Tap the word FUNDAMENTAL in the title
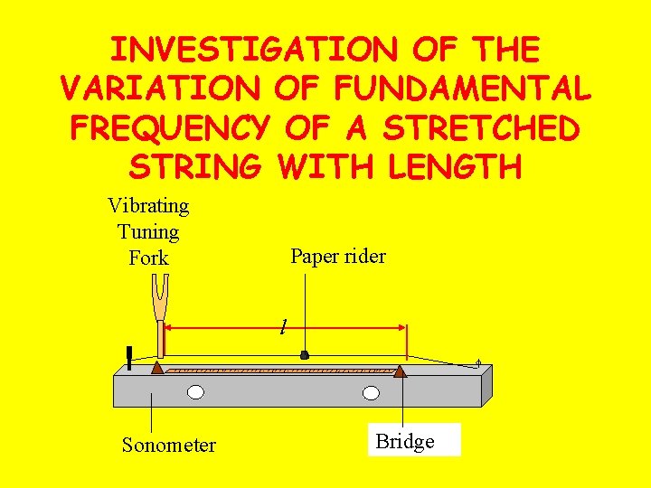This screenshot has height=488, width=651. click(462, 88)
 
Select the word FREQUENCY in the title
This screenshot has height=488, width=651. click(169, 127)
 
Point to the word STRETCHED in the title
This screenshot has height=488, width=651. click(481, 127)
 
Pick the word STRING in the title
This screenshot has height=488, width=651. click(195, 167)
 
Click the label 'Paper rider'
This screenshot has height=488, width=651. click(338, 256)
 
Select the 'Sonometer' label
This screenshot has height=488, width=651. click(169, 445)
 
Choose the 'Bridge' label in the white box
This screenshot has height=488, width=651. click(405, 441)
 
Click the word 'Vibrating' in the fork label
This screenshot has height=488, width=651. click(148, 206)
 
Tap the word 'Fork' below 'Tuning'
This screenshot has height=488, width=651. click(148, 258)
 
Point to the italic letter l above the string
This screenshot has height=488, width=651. click(283, 324)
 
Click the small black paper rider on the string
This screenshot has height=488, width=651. click(305, 356)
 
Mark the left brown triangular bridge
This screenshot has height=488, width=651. click(157, 367)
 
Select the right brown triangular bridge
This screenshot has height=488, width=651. click(399, 369)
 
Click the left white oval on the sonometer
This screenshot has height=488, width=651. click(195, 392)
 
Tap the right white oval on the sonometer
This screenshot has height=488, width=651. click(371, 392)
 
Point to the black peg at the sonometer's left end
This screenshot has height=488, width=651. click(130, 358)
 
